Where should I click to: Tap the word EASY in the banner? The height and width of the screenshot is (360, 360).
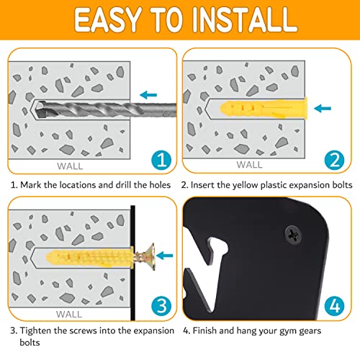[x=107, y=19]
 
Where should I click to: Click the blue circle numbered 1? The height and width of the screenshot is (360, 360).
[x=161, y=160]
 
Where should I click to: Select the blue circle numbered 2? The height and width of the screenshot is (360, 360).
[x=334, y=160]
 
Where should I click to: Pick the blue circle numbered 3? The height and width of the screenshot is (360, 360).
[x=161, y=306]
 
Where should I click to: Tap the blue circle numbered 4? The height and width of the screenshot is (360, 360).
[x=335, y=306]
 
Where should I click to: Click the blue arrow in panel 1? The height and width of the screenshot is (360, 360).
[x=148, y=95]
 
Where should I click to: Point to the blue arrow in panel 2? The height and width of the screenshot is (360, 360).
[x=323, y=108]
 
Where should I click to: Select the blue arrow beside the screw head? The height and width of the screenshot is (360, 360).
[x=164, y=256]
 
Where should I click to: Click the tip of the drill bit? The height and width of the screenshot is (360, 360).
[x=35, y=109]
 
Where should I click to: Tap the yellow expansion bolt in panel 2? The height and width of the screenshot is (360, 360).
[x=264, y=109]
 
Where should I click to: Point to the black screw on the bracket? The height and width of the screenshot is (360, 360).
[x=294, y=235]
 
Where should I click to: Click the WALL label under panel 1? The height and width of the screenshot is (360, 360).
[x=70, y=166]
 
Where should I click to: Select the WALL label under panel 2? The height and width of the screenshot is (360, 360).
[x=249, y=165]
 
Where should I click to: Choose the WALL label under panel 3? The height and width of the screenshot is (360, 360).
[x=69, y=314]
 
